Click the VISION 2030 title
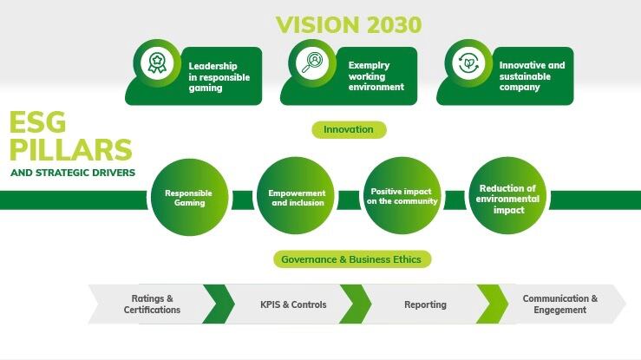[x=349, y=25]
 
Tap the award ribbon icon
[x=157, y=63]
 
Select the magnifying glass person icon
[x=312, y=63]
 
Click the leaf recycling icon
[x=468, y=63]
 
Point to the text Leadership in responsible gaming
[x=219, y=77]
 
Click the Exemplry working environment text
[x=376, y=76]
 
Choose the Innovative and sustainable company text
[x=532, y=76]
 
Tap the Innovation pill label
[x=349, y=129]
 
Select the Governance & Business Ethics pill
[x=351, y=259]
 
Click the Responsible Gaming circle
[x=189, y=198]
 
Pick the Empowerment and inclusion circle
[x=296, y=196]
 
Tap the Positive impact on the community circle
[x=402, y=196]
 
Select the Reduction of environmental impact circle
[x=507, y=196]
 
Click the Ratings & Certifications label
[x=152, y=304]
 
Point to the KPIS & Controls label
[x=293, y=304]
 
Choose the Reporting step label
[x=425, y=304]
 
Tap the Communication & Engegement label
[x=560, y=304]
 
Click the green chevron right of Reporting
[x=492, y=304]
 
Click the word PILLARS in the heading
[x=71, y=150]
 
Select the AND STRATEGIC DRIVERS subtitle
[x=73, y=173]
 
